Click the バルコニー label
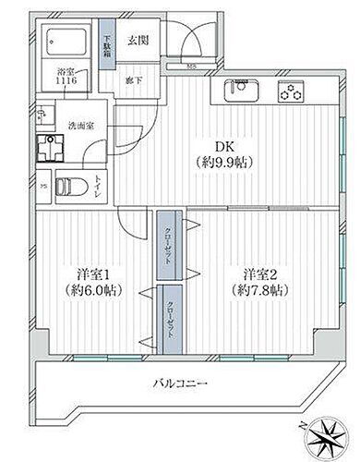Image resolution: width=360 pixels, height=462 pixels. click(181, 383)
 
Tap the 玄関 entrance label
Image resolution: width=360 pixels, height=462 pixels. click(138, 40)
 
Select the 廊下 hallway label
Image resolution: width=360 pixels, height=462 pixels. click(133, 79)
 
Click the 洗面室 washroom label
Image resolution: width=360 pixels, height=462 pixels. click(78, 127)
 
